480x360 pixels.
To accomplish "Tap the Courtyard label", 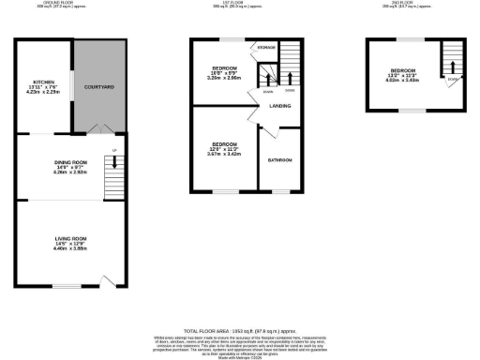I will pyautogui.click(x=98, y=87).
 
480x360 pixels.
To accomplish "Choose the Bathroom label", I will pyautogui.click(x=281, y=159).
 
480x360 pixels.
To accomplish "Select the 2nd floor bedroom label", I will pyautogui.click(x=404, y=71).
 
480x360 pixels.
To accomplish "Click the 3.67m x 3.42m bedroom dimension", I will pyautogui.click(x=224, y=154).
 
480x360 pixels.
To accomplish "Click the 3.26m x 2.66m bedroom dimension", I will pyautogui.click(x=224, y=79).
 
